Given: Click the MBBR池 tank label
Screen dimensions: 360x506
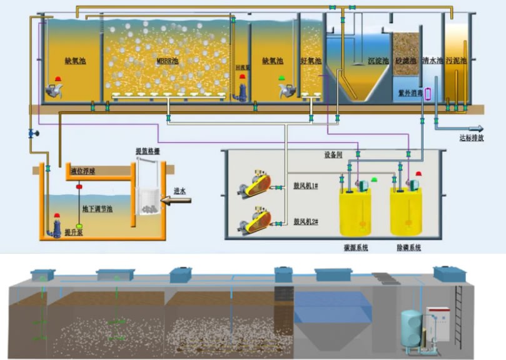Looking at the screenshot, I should tap(168, 61).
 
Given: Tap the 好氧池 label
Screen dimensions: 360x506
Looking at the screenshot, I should tap(310, 61).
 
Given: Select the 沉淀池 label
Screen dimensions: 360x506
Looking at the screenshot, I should tap(378, 61).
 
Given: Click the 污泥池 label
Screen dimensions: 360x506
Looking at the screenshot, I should tap(458, 61).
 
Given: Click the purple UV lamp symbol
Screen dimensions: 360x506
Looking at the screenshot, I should tap(428, 94).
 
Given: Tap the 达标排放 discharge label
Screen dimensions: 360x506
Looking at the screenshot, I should tap(472, 138).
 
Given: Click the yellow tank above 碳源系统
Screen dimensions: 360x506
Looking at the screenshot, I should tap(355, 211).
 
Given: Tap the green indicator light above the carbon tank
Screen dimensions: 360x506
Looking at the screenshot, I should tap(374, 179).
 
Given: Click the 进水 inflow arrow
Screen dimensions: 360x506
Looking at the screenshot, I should tap(175, 201).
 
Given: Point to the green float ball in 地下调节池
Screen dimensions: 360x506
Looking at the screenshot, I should tap(79, 226).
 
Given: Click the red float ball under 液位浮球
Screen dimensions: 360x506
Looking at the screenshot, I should tap(79, 186).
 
